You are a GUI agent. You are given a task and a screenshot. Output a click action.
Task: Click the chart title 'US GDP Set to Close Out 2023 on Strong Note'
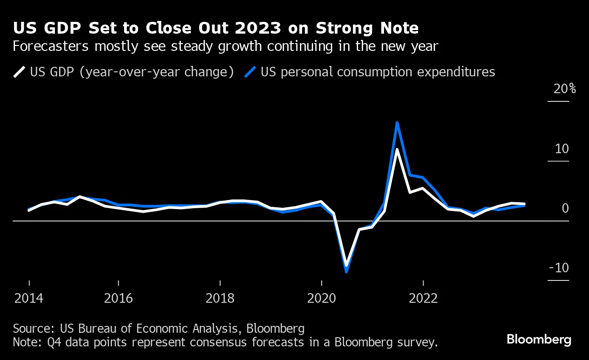(216, 29)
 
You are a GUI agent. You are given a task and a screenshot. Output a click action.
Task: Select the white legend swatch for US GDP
(20, 72)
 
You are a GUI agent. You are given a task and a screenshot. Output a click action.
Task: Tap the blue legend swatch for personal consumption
(251, 72)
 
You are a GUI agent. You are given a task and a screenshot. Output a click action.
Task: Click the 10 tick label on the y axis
(561, 149)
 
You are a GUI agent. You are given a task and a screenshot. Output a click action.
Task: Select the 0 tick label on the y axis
(565, 209)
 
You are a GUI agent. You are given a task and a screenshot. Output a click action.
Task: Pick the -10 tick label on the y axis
(559, 268)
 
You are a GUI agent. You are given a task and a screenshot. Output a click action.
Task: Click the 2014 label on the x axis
(29, 298)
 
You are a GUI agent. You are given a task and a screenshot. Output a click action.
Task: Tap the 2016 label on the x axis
(118, 298)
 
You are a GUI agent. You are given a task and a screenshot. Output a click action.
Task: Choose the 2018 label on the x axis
(220, 298)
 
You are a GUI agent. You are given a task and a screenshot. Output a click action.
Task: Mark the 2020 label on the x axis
(321, 298)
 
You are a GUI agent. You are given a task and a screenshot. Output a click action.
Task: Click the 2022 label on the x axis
(423, 298)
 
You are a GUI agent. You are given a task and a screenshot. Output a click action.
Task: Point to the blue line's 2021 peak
(397, 123)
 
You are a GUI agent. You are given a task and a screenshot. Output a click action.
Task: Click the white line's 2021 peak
(397, 150)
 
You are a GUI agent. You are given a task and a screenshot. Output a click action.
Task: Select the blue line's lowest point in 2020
(346, 271)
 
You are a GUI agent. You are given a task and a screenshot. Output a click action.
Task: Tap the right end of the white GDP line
(524, 204)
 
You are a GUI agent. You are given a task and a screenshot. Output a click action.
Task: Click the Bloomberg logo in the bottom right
(539, 340)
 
